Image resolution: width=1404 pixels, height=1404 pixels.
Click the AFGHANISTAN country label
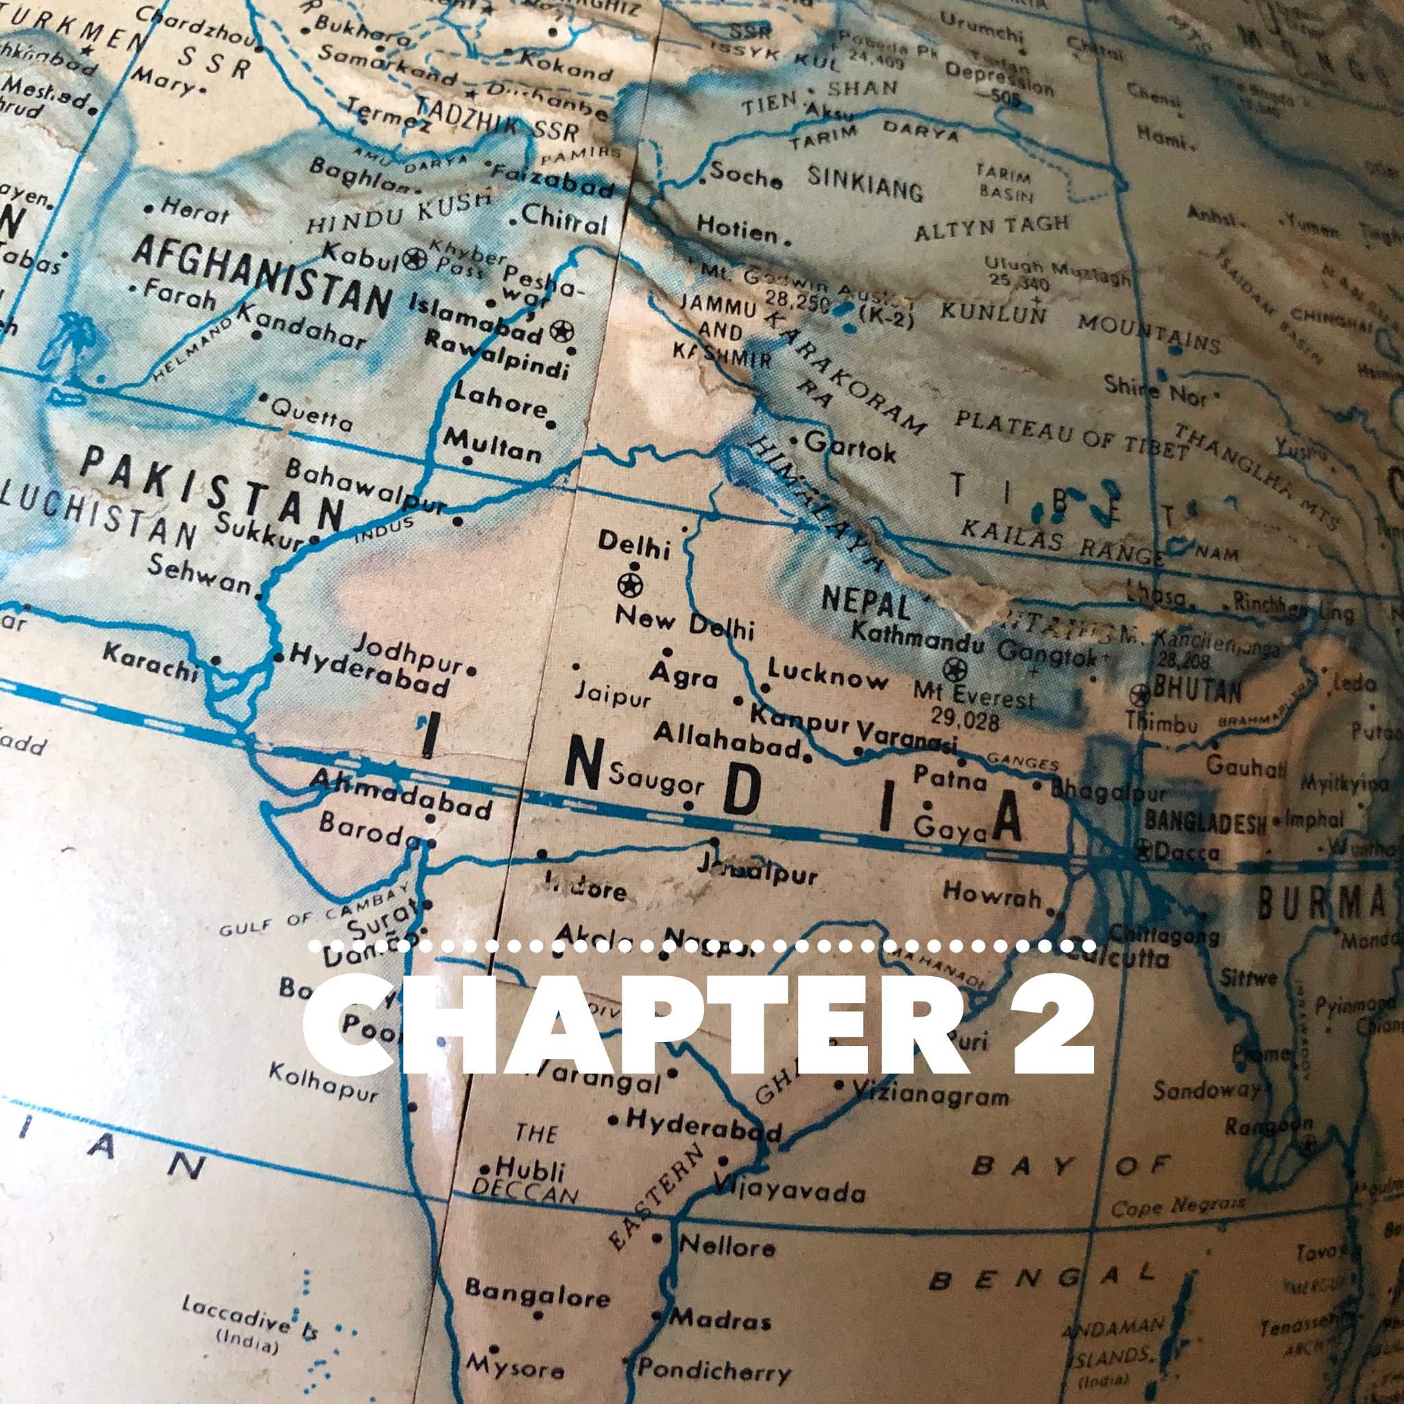(x=262, y=275)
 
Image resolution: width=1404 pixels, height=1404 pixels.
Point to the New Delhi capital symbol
(x=629, y=584)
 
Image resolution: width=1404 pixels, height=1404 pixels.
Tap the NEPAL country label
(x=864, y=603)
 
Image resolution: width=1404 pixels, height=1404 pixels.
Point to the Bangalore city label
(x=537, y=1290)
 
